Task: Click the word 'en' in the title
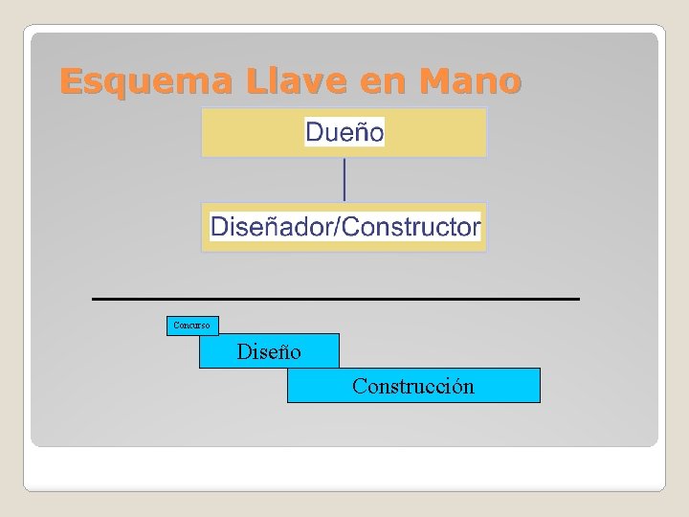click(x=384, y=82)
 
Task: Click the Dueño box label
click(x=344, y=132)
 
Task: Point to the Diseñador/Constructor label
click(x=344, y=227)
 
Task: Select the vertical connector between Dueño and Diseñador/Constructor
click(x=344, y=180)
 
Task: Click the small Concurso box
click(x=191, y=326)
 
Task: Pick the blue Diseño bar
click(x=269, y=351)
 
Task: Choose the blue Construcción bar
click(x=413, y=386)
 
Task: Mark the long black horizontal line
click(x=335, y=300)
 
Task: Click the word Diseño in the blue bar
click(x=269, y=352)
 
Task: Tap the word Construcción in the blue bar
click(x=412, y=387)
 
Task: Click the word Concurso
click(x=191, y=326)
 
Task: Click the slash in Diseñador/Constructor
click(x=338, y=227)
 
